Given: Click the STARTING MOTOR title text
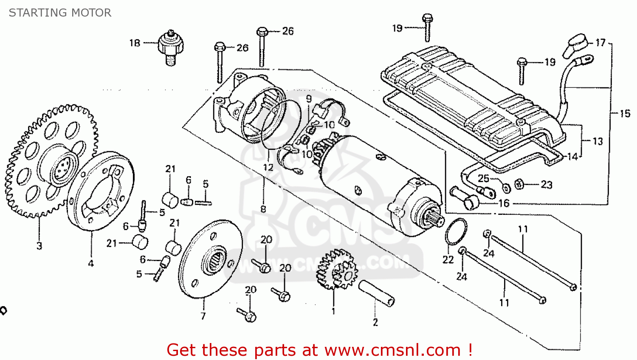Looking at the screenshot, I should click(x=60, y=13).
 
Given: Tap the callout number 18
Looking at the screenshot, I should click(x=135, y=43).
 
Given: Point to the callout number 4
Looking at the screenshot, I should click(x=91, y=264).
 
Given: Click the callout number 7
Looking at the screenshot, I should click(x=203, y=316).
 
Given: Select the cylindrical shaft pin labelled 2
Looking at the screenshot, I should click(x=376, y=292).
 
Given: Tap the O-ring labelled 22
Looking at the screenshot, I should click(x=456, y=231).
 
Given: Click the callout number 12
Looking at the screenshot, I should click(x=268, y=167).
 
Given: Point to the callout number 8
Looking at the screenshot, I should click(x=263, y=209).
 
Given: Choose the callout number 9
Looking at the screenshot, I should click(x=309, y=99).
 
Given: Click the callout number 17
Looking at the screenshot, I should click(x=600, y=42).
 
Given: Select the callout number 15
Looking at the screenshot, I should click(x=625, y=113).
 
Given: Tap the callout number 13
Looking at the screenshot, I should click(x=598, y=141).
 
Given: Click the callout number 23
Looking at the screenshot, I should click(x=546, y=185).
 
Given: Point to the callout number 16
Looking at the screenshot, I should click(x=504, y=203).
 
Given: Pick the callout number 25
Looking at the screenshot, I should click(x=483, y=178).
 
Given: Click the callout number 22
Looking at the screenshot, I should click(x=448, y=259).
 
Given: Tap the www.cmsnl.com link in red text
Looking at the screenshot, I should click(x=392, y=350).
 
